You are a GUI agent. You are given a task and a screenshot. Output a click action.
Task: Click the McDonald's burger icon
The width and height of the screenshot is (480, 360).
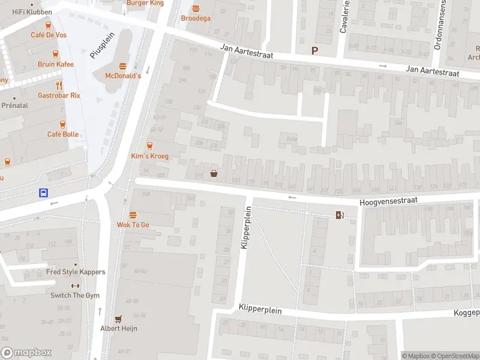(x=123, y=66)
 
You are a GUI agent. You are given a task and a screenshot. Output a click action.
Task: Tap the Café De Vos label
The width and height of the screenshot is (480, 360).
(x=49, y=35)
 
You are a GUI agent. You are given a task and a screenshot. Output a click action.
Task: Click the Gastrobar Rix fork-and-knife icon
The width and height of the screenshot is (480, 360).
(x=59, y=85)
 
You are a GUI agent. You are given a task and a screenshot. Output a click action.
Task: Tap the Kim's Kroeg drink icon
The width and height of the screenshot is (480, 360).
(x=150, y=146)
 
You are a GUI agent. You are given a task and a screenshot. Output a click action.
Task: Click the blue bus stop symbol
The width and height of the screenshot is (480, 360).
(x=44, y=193)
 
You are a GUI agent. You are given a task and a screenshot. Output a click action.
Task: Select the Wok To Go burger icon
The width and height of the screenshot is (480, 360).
(x=133, y=214)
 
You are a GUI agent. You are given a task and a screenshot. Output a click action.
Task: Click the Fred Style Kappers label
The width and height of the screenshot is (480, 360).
(x=76, y=272)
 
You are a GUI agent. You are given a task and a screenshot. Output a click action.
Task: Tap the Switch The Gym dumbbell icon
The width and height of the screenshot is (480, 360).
(x=75, y=286)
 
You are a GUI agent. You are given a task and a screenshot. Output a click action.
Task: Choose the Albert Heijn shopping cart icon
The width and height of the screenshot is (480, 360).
(x=118, y=319)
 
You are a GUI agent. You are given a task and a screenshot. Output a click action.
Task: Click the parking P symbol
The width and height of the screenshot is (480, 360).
(x=314, y=51)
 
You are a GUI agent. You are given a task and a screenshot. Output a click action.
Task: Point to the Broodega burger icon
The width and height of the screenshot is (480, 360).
(x=196, y=8)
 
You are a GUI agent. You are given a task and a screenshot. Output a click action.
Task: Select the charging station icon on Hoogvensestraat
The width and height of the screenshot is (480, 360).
(x=340, y=215)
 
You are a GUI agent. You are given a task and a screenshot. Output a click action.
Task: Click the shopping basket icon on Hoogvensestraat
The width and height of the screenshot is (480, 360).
(x=214, y=174)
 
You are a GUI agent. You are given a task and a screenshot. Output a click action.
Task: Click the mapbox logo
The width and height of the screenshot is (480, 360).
(x=26, y=353)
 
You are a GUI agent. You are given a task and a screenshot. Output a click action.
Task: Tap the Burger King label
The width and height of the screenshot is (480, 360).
(x=145, y=3)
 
